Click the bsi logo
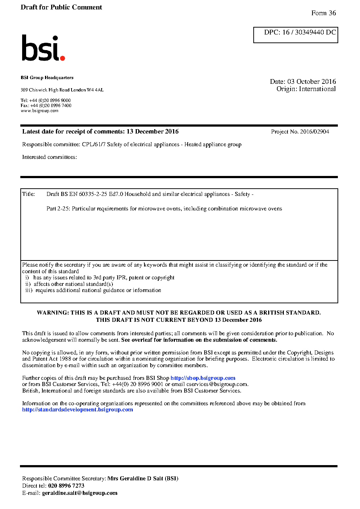(x=43, y=48)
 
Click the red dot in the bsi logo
(x=62, y=58)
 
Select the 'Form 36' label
(x=323, y=13)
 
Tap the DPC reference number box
(x=295, y=35)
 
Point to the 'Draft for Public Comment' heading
(x=61, y=7)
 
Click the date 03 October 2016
(x=311, y=82)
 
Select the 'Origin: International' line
(x=306, y=89)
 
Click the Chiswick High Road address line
(x=62, y=90)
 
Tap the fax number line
(x=46, y=106)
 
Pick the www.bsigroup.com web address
(x=40, y=111)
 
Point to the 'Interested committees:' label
(x=49, y=157)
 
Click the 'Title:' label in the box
(x=29, y=194)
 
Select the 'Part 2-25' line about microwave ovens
(x=164, y=209)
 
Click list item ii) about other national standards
(x=69, y=284)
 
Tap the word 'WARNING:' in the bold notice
(x=53, y=313)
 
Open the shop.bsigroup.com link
(x=203, y=378)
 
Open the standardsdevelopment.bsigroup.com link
(x=78, y=410)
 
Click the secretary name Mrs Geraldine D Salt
(x=143, y=479)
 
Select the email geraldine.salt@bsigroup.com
(x=80, y=493)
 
